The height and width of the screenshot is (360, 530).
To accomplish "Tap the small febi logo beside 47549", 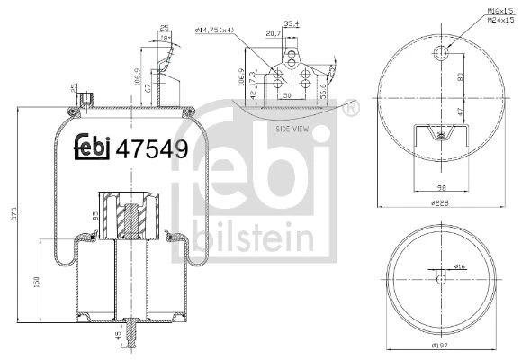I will click(92, 150).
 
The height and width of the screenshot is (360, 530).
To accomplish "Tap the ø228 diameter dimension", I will click(439, 203).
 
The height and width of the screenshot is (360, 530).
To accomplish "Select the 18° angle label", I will click(164, 39).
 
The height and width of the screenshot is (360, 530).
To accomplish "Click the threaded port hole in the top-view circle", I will click(439, 56).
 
